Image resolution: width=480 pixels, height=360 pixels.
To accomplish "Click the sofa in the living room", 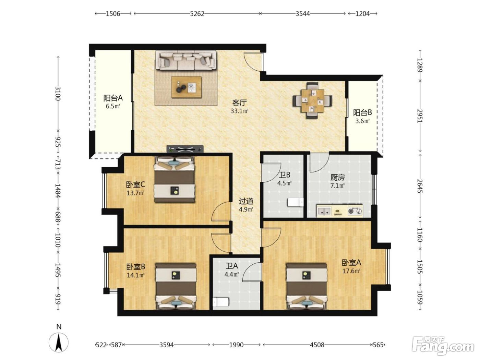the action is tap(185, 60).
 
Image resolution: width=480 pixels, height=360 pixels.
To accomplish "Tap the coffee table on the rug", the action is tap(186, 87).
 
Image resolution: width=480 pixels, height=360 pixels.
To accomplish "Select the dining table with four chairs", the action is tap(312, 100).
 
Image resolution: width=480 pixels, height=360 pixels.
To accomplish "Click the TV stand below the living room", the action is tap(185, 149).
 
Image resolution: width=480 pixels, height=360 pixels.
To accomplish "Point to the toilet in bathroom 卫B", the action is tap(296, 202).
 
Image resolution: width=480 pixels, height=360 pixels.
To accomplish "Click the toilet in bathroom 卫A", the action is tap(221, 302).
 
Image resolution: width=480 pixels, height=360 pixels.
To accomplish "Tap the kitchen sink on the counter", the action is tap(324, 211).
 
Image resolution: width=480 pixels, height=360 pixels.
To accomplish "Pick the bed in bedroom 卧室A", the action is tap(307, 286).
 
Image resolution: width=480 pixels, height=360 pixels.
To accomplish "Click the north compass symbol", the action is tap(58, 342).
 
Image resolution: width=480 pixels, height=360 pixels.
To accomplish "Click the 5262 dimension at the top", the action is tap(197, 14).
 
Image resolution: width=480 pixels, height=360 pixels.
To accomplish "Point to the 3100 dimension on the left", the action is tap(58, 94).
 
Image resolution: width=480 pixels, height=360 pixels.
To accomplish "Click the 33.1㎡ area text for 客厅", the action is tap(239, 111).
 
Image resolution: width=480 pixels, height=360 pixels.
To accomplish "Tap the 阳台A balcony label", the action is tap(113, 98).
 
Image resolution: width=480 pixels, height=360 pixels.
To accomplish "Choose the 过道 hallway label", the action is tap(246, 201).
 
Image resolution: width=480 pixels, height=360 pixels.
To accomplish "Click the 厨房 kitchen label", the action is tap(337, 178).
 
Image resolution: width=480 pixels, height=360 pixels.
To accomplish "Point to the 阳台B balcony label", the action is tap(362, 112).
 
